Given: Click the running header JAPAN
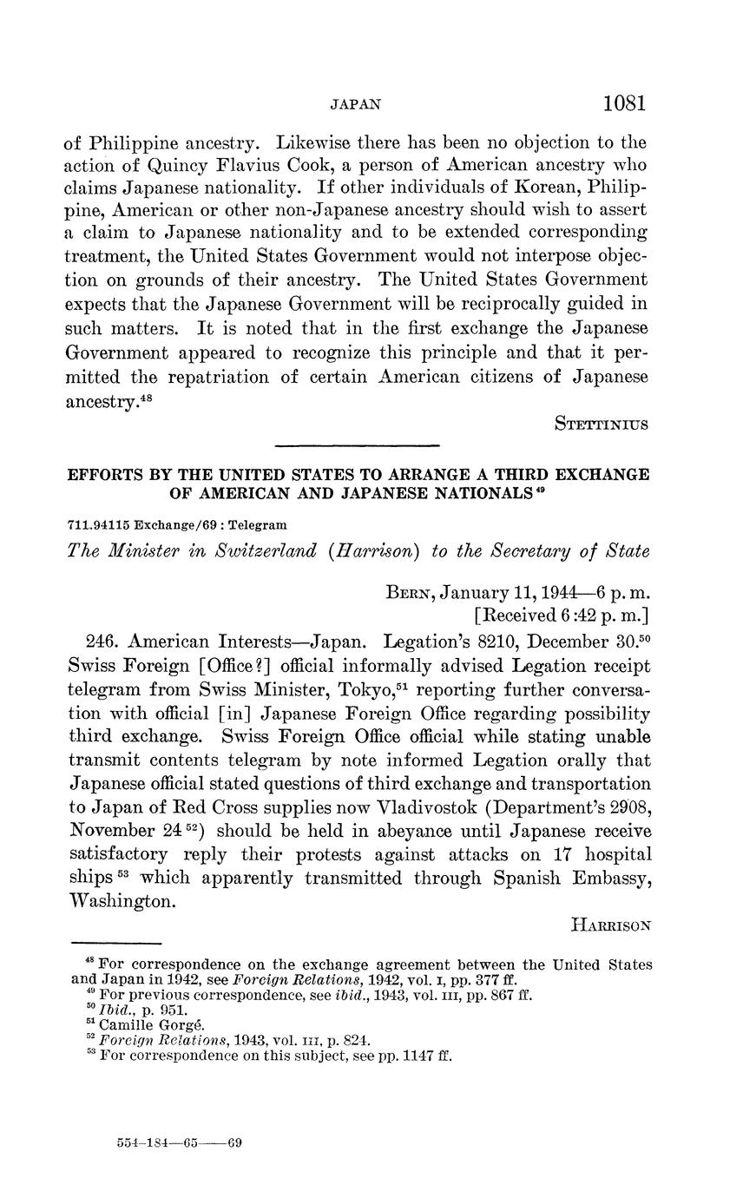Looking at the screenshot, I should coord(356,105).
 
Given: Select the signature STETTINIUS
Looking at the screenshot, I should coord(601,425).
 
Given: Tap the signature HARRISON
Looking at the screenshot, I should coord(610,926).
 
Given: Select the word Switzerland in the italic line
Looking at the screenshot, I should coord(257,553).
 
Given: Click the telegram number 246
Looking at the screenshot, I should coord(103,642).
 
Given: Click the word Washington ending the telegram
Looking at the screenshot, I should coord(122,901).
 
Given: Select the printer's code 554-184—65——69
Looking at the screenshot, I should coord(179,1143).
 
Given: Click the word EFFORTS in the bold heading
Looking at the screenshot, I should coord(105,476).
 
